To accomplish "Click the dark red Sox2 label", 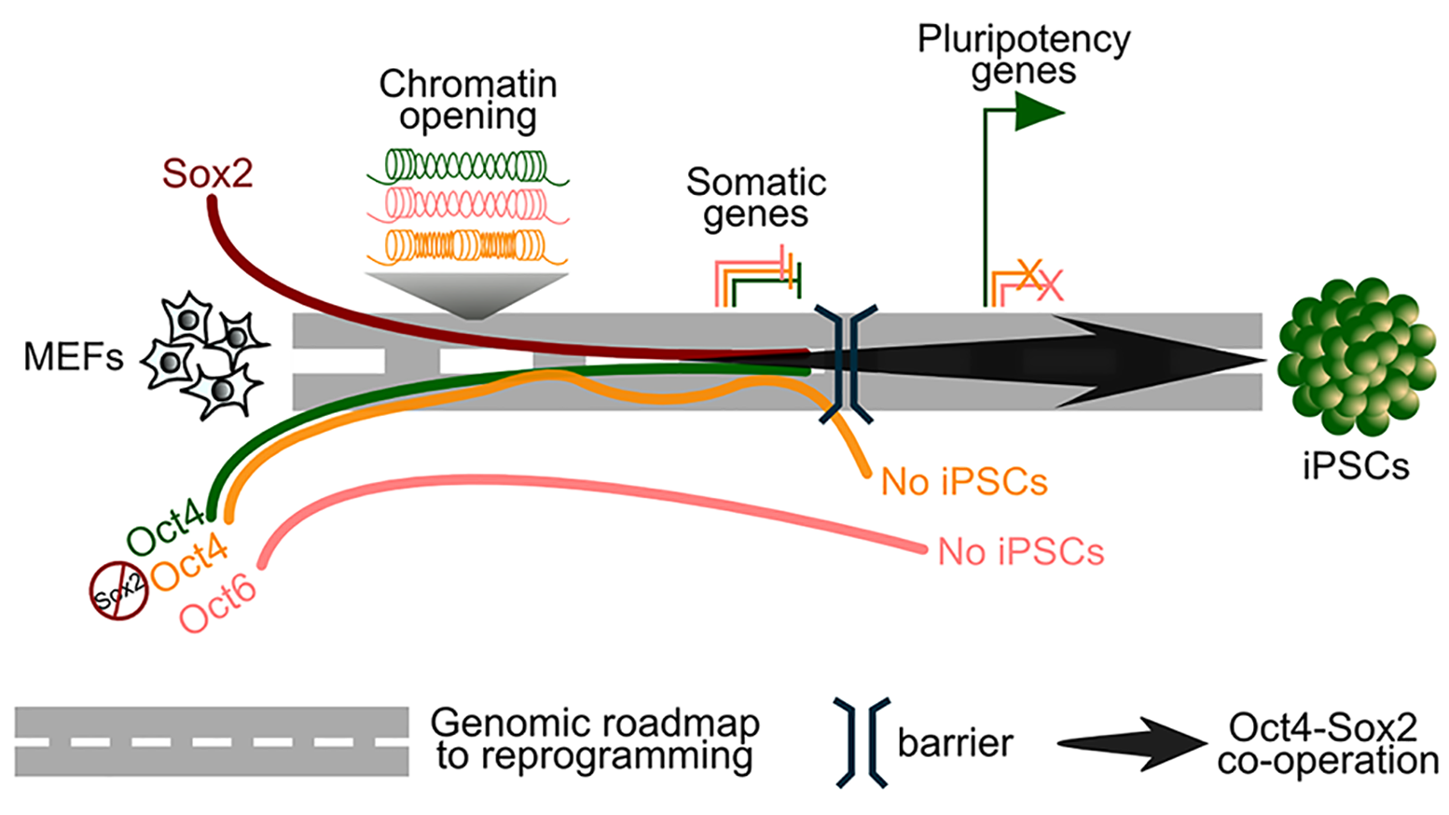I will [207, 173].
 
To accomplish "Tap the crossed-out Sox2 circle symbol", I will [118, 589].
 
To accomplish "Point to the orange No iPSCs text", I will [964, 482].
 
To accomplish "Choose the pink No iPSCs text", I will [1020, 552].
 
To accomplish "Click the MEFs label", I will [73, 357].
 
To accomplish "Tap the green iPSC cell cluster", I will [1356, 357].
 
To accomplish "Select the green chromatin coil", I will [467, 167].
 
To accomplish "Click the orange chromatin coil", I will [467, 246].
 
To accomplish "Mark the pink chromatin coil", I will [467, 205].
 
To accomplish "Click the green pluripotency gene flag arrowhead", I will [1039, 114].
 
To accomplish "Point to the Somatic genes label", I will [755, 198].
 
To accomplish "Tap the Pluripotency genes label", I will [1023, 55].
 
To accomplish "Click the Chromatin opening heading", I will [467, 100].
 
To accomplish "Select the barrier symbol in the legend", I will [862, 743].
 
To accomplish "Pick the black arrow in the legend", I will [1132, 744].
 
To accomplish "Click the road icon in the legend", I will [212, 741].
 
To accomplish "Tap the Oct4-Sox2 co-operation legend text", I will [1327, 744].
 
